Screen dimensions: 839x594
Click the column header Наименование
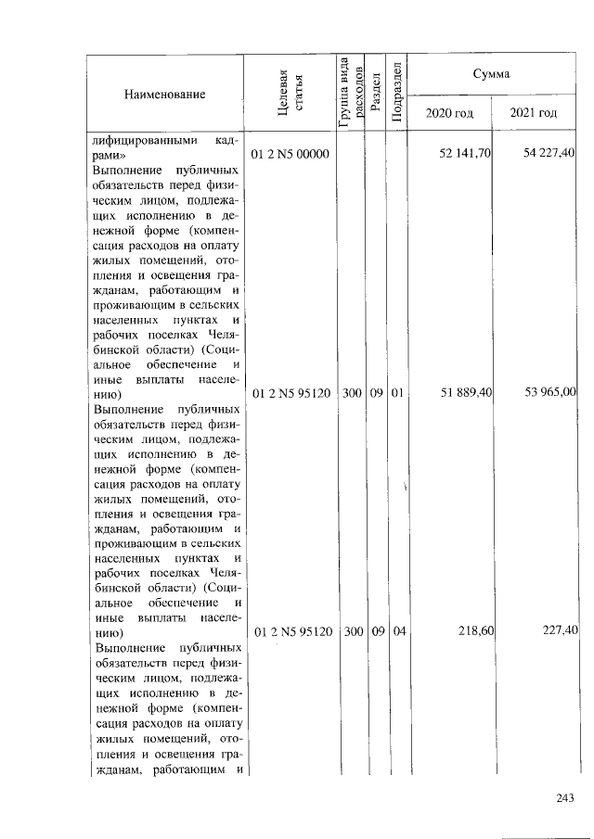click(x=163, y=95)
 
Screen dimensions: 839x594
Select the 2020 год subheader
click(x=449, y=113)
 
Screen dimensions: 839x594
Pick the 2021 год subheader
click(x=534, y=113)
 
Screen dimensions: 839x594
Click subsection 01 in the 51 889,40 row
click(x=397, y=393)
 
